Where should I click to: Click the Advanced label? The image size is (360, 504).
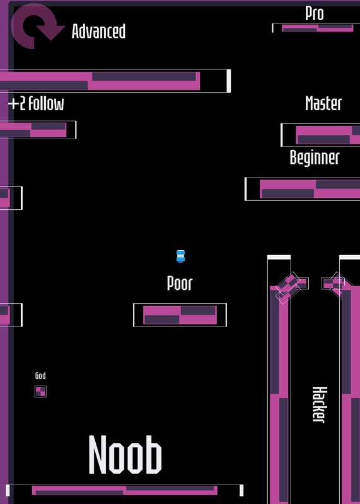[98, 31]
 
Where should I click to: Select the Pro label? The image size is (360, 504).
[315, 13]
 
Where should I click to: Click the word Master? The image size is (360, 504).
[323, 103]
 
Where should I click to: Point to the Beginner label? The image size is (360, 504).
[315, 157]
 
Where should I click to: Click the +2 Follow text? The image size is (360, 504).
[36, 103]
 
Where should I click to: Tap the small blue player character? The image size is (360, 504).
[180, 256]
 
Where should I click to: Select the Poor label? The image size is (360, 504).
[180, 283]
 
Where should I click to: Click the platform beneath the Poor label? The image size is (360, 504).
[180, 315]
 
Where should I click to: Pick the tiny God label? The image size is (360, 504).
[40, 375]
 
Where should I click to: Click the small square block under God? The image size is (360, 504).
[40, 391]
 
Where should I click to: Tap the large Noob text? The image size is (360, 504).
[125, 454]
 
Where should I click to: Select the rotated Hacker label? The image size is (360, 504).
[320, 404]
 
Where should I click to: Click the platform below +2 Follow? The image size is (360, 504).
[38, 130]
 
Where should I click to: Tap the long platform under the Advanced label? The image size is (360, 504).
[115, 81]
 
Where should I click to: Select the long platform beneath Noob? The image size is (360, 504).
[124, 491]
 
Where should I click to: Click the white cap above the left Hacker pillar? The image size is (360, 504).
[279, 257]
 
